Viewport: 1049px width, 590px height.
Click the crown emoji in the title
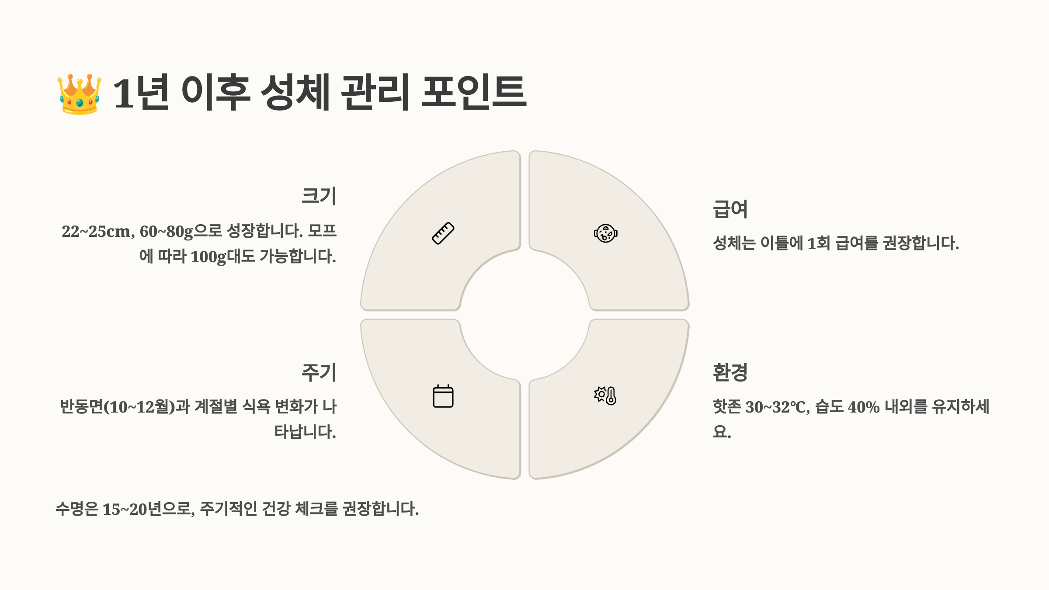pyautogui.click(x=80, y=94)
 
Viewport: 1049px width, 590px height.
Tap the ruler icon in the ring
pyautogui.click(x=443, y=233)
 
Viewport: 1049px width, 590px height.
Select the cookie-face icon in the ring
pyautogui.click(x=605, y=233)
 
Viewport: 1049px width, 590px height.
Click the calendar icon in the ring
pyautogui.click(x=443, y=396)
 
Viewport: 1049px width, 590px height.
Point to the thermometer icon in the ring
pyautogui.click(x=605, y=396)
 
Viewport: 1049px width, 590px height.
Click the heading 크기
pyautogui.click(x=319, y=195)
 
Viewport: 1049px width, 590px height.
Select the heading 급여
pyautogui.click(x=730, y=209)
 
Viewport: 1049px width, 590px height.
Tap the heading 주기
pyautogui.click(x=319, y=372)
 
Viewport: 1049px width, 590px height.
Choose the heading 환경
pyautogui.click(x=730, y=372)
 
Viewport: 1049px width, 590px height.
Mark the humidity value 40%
pyautogui.click(x=863, y=407)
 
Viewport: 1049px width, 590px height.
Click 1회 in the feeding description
pyautogui.click(x=818, y=243)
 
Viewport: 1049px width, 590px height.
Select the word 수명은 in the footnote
pyautogui.click(x=77, y=509)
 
